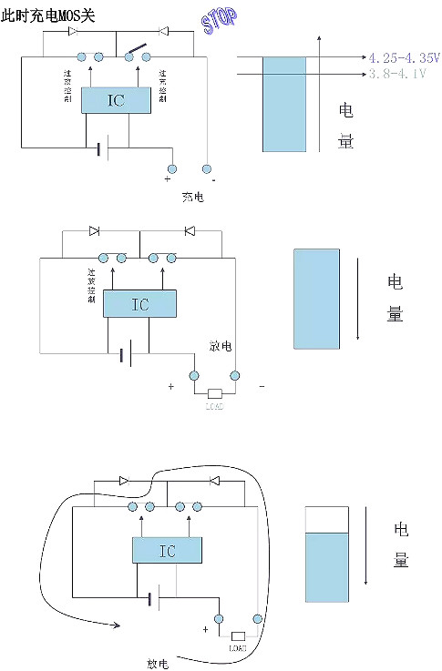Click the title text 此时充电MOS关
click(x=47, y=15)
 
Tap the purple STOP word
click(x=219, y=20)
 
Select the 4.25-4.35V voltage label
click(x=404, y=56)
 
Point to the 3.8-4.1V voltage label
click(x=397, y=73)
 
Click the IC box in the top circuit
click(x=116, y=101)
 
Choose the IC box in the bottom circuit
click(x=167, y=551)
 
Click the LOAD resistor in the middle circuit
click(x=214, y=394)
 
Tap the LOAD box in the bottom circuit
click(x=238, y=635)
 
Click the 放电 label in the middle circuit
click(x=219, y=346)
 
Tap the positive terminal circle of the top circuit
click(x=170, y=168)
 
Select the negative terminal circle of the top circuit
click(x=208, y=168)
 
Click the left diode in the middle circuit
click(x=94, y=231)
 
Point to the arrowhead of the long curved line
click(x=116, y=625)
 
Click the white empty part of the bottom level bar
click(x=326, y=523)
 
